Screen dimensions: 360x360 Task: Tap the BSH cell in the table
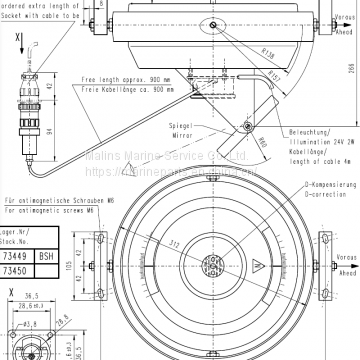(x=45, y=256)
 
